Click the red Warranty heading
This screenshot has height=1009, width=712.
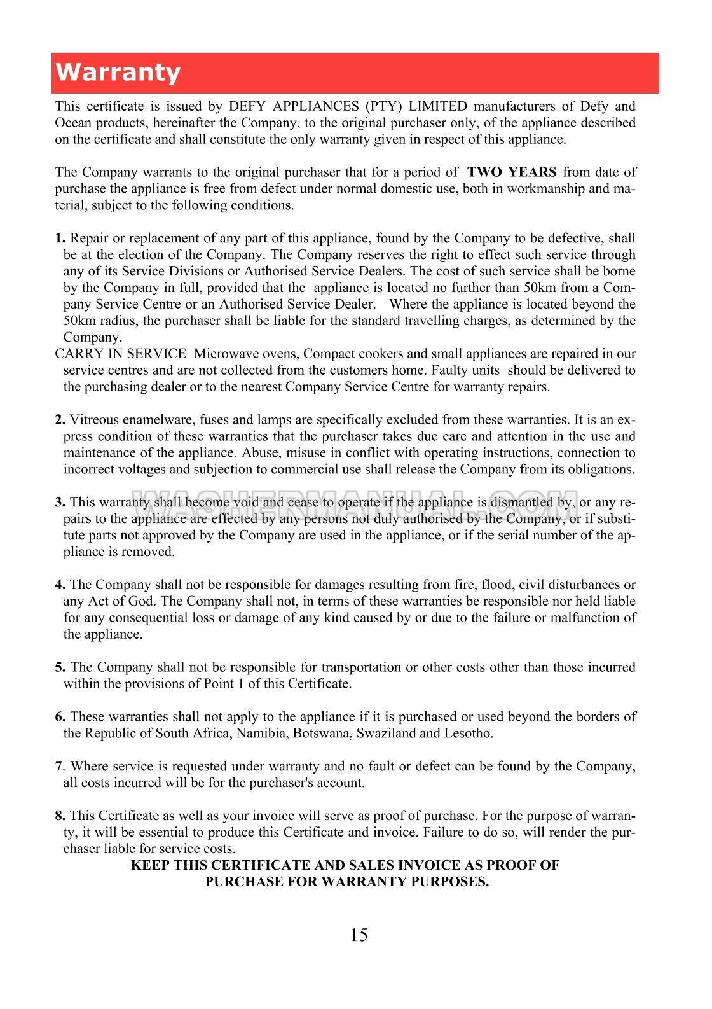118,73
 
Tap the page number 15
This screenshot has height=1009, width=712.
359,935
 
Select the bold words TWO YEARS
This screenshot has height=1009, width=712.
512,172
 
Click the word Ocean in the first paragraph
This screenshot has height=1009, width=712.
73,123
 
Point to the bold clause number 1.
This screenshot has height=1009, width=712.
60,239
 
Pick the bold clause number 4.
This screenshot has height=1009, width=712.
60,585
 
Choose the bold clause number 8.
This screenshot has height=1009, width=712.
60,816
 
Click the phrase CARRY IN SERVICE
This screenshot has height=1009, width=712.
121,354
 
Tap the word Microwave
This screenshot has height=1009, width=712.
223,354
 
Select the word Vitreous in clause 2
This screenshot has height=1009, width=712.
94,420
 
